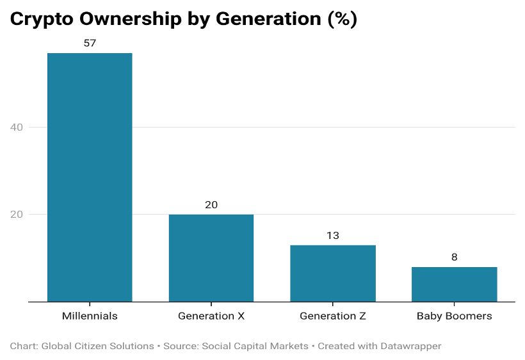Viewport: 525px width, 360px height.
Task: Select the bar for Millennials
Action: pos(90,177)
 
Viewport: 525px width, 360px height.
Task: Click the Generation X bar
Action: pos(211,258)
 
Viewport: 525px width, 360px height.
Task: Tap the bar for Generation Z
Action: pos(333,274)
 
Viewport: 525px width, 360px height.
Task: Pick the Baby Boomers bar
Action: pos(455,284)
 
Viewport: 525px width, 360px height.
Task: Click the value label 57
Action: pos(90,43)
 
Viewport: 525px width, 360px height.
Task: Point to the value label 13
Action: pos(333,236)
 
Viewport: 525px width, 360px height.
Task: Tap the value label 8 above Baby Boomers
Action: pos(455,257)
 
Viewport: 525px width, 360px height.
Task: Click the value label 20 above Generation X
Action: pos(211,204)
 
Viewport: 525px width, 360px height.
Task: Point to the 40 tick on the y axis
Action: pos(17,127)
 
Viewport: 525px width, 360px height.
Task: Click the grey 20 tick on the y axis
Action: pos(17,215)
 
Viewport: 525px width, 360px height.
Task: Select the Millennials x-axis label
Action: pos(90,316)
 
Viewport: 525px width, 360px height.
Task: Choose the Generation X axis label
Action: pos(211,316)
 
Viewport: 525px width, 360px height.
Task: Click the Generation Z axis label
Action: pos(333,316)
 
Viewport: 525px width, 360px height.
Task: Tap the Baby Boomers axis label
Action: pos(455,316)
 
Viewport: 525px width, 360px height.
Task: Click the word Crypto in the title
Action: pos(42,19)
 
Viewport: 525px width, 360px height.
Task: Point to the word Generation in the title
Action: pos(268,19)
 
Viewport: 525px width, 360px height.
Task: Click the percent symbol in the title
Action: pos(342,19)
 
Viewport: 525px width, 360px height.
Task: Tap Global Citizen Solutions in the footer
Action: pos(97,346)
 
